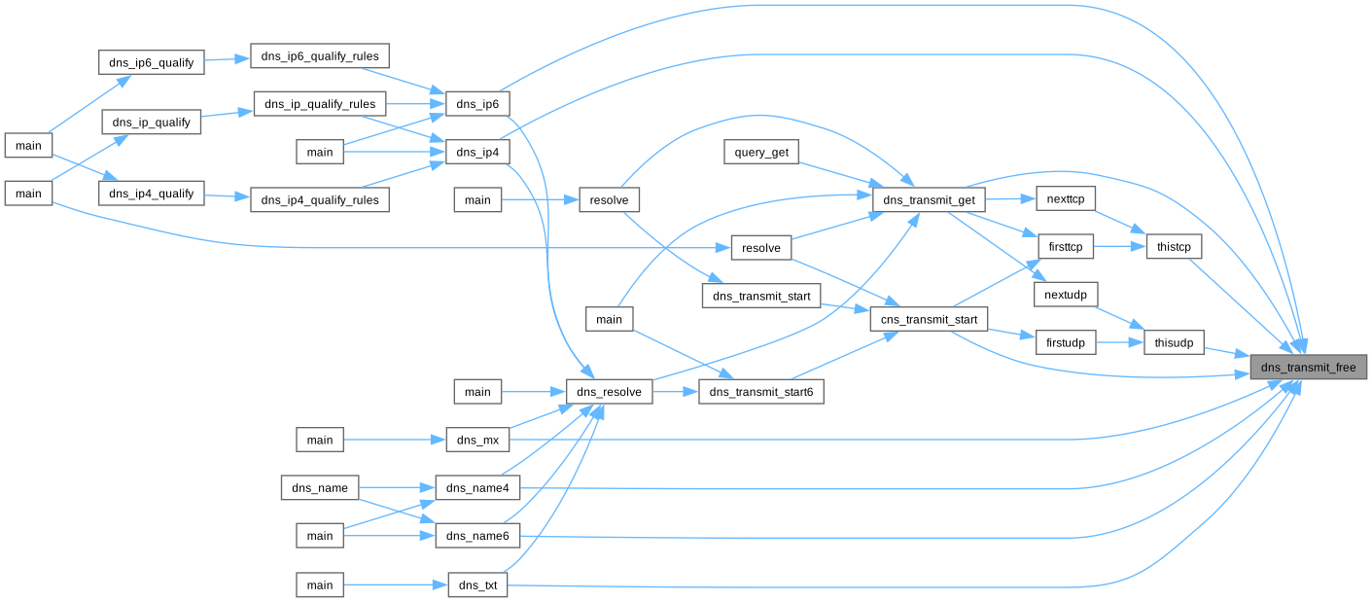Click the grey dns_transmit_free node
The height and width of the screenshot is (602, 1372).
[x=1309, y=367]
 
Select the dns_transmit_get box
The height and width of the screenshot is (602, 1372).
[x=930, y=199]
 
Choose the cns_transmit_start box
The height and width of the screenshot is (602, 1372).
[x=929, y=318]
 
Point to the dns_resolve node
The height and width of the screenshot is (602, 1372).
[x=609, y=392]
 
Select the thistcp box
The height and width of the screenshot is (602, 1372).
[x=1174, y=247]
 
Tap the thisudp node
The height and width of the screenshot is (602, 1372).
[x=1174, y=342]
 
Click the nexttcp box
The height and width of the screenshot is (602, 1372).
[x=1066, y=198]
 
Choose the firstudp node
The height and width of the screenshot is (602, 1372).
[x=1066, y=342]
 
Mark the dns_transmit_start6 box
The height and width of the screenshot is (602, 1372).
[x=761, y=392]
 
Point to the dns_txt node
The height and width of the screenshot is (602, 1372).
[x=477, y=584]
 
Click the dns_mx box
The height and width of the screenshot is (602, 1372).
[x=477, y=440]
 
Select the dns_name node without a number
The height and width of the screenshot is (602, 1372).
[x=320, y=486]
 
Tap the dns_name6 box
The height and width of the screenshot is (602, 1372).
[x=477, y=535]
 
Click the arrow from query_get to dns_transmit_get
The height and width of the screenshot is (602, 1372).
[x=836, y=175]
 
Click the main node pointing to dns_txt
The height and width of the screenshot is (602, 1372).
[x=320, y=584]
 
